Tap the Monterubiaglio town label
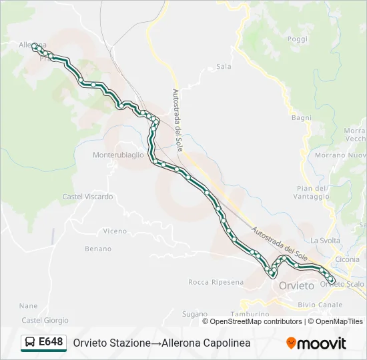coord(118,155)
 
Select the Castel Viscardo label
coord(87,197)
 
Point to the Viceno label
coord(115,231)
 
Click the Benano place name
coord(98,248)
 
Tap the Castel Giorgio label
coord(43,320)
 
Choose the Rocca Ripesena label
coord(216,282)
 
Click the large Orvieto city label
coord(296,285)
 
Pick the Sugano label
coord(195,313)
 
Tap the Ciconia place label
coord(348,259)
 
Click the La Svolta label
coord(324,240)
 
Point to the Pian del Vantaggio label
coord(312,192)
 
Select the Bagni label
coord(302,117)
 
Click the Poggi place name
coord(298,39)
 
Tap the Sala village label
coord(224,67)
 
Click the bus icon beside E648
coord(30,343)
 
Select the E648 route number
coord(51,343)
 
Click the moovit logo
coord(316,343)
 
